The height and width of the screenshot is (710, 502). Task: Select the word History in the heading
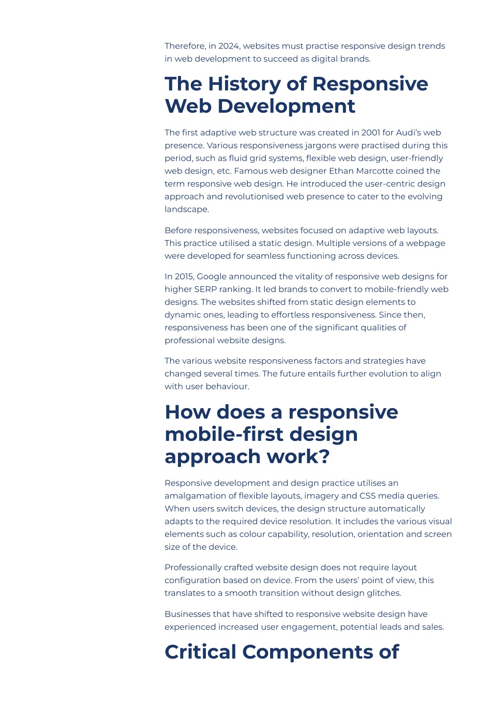click(x=244, y=84)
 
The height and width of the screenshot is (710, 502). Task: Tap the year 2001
click(x=371, y=132)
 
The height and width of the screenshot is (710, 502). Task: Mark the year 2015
click(x=184, y=276)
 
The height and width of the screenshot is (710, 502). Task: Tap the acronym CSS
click(x=367, y=496)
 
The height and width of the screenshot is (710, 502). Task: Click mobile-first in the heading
click(x=225, y=434)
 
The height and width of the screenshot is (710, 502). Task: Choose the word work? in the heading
click(x=298, y=457)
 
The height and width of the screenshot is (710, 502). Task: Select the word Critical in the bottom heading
click(x=201, y=652)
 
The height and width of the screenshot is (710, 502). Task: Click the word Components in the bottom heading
click(x=307, y=652)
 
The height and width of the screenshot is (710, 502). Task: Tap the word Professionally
click(x=193, y=568)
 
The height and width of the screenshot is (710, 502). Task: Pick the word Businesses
click(x=187, y=614)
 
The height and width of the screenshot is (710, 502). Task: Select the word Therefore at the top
click(x=185, y=46)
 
